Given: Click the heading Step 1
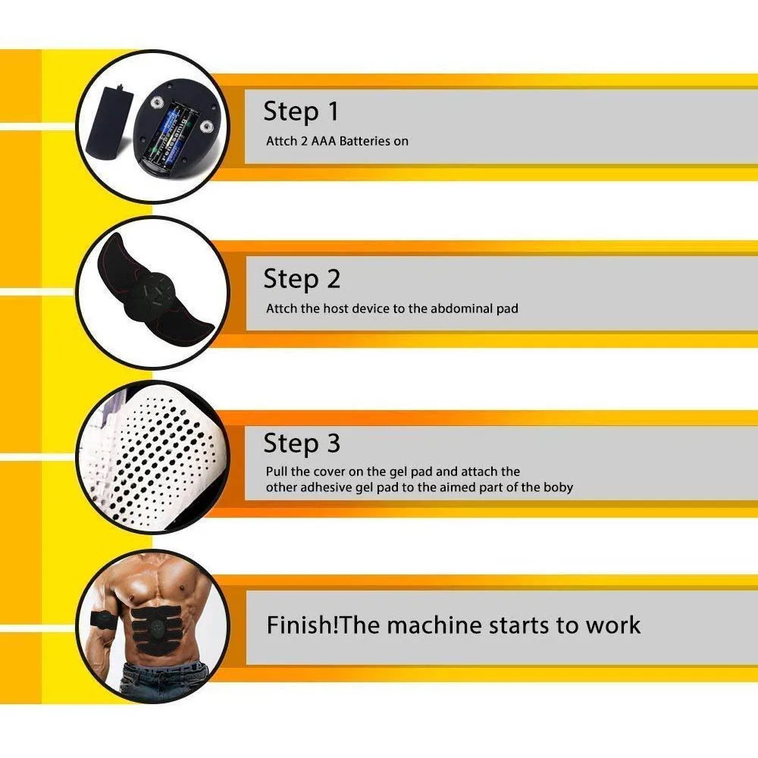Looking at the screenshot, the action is pyautogui.click(x=301, y=111).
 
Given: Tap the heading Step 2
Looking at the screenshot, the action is pyautogui.click(x=302, y=279).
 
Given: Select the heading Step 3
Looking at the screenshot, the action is pyautogui.click(x=302, y=443).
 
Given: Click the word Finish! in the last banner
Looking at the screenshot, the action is pyautogui.click(x=302, y=625).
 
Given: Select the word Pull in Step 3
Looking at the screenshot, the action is pyautogui.click(x=277, y=471).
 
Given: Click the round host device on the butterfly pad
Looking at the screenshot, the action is pyautogui.click(x=152, y=296).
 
